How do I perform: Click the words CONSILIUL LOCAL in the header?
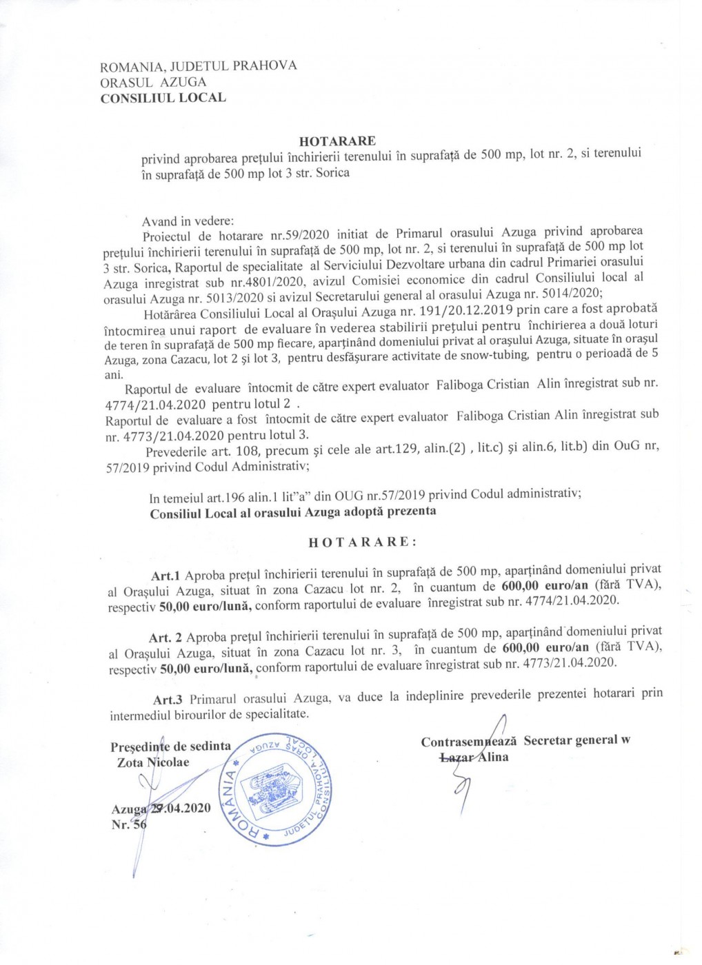coord(163,97)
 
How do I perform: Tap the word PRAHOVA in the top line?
coord(265,65)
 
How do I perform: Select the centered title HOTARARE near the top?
coord(338,141)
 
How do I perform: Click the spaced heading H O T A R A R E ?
coord(362,541)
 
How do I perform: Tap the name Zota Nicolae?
coord(152,762)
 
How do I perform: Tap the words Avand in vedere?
coord(188,221)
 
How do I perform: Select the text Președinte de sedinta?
coord(170,746)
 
